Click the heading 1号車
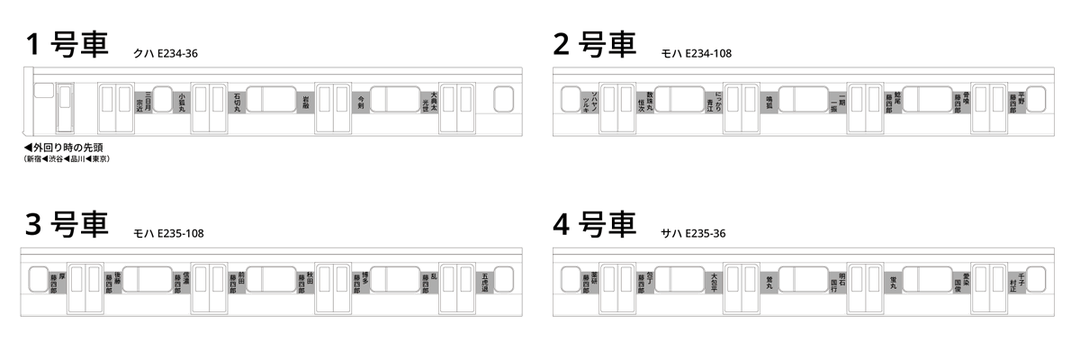pos(67,44)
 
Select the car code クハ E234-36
pos(165,54)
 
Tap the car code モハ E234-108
pos(697,54)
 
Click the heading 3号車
pos(67,224)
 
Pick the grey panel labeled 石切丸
pos(238,100)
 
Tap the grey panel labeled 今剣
pos(361,100)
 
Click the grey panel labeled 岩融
pos(306,100)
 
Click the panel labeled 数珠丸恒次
pos(644,100)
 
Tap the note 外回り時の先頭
pos(63,148)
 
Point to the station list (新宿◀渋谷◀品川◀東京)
pos(67,159)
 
